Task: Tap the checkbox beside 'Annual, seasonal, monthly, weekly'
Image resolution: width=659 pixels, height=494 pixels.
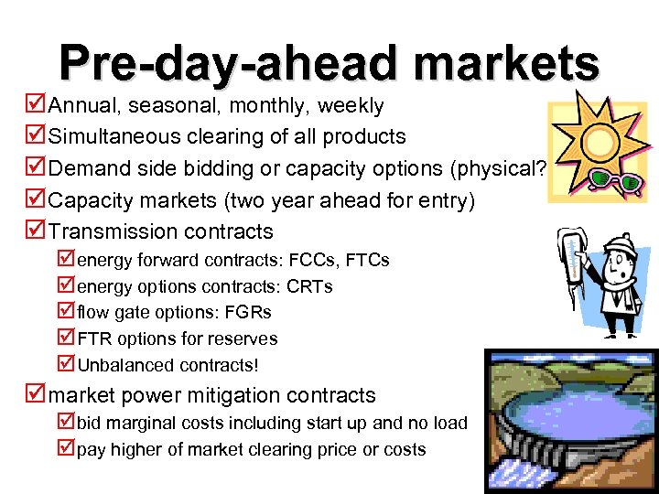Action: (37, 105)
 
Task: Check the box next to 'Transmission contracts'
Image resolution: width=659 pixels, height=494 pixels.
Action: (37, 231)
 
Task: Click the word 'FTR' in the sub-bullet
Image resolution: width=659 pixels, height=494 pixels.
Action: (93, 338)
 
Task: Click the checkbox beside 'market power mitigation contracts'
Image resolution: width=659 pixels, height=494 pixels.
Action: (37, 395)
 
